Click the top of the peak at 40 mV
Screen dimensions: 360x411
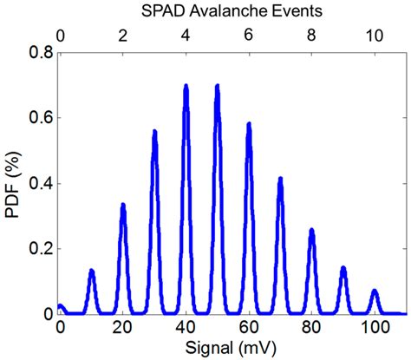point(186,87)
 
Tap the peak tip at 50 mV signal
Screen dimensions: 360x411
point(218,87)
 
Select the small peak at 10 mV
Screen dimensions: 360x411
point(92,272)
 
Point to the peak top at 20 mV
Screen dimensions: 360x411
point(123,206)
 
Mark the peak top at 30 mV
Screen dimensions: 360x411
point(154,133)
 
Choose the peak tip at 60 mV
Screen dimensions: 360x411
point(249,125)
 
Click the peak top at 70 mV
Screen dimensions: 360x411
point(280,180)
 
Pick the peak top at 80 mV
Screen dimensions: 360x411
point(312,231)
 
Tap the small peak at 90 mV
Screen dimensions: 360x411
point(343,268)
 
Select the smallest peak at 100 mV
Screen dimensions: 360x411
point(375,291)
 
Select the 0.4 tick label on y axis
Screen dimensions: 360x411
point(40,183)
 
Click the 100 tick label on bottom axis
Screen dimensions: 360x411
point(375,328)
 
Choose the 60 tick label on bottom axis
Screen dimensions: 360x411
point(249,328)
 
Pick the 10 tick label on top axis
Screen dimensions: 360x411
point(375,36)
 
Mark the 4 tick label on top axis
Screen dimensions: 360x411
point(186,36)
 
